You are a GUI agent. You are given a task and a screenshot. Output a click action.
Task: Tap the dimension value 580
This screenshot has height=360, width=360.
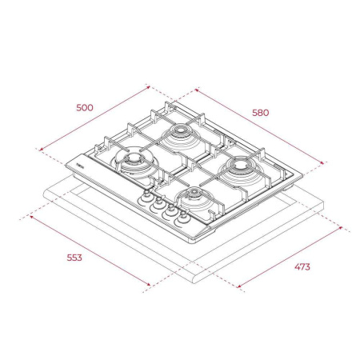click(x=260, y=112)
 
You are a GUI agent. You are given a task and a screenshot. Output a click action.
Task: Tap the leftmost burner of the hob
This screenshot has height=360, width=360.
click(x=131, y=161)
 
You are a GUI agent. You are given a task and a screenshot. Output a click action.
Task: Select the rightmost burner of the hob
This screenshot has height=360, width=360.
click(x=241, y=166)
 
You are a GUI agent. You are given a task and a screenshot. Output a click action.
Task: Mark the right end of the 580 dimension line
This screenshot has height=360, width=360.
click(x=325, y=162)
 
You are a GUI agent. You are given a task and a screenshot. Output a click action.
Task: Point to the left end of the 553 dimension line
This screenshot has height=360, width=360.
click(x=30, y=214)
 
